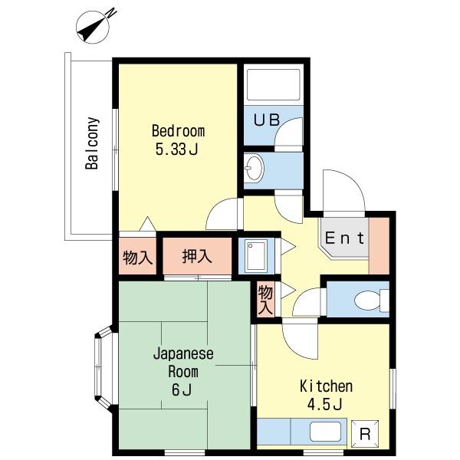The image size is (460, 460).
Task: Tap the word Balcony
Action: tap(91, 143)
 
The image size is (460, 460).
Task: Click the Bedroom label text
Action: tap(178, 130)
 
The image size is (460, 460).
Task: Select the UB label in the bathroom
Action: tap(267, 120)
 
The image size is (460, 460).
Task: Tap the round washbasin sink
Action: tap(255, 165)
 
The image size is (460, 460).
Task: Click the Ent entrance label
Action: tap(346, 238)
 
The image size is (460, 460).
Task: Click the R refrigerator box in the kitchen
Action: tap(364, 432)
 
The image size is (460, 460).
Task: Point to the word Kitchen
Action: tap(326, 386)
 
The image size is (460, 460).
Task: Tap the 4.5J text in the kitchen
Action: tap(326, 405)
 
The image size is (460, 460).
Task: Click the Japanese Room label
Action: tap(183, 363)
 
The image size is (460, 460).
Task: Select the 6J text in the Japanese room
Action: tap(183, 392)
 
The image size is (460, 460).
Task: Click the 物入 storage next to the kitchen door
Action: tap(264, 299)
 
